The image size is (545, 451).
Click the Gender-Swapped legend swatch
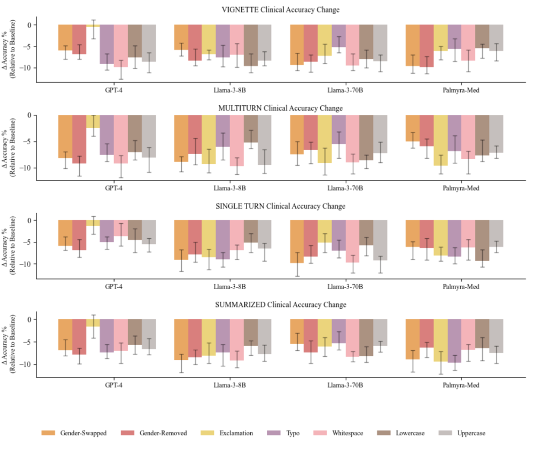49,433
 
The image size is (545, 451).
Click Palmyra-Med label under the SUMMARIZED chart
459,385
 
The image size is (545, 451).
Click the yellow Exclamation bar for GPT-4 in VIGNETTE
93,26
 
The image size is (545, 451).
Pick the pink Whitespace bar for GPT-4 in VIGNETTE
121,45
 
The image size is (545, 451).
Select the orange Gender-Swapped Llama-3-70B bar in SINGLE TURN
297,241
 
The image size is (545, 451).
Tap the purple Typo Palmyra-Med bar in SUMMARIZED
454,341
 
